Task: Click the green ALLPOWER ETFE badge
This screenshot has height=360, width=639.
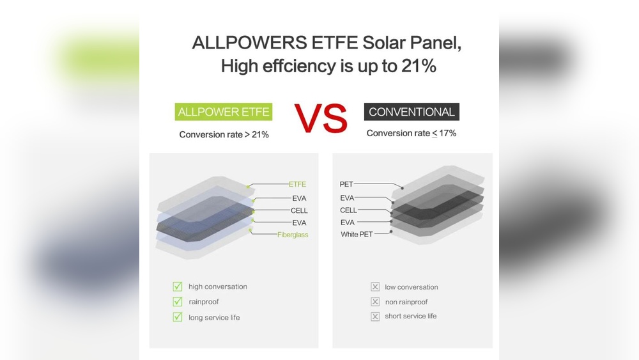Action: pyautogui.click(x=223, y=112)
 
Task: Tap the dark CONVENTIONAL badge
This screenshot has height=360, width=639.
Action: pyautogui.click(x=412, y=112)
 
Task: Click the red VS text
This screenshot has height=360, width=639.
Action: pyautogui.click(x=321, y=118)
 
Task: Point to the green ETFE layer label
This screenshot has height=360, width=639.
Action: pyautogui.click(x=297, y=184)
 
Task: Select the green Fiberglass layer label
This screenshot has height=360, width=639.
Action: pyautogui.click(x=293, y=235)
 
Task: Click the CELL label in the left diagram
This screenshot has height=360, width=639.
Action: pyautogui.click(x=299, y=211)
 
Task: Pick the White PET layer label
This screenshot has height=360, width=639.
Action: pyautogui.click(x=357, y=235)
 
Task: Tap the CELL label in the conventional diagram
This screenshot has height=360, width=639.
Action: pyautogui.click(x=348, y=210)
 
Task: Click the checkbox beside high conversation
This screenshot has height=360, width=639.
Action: pyautogui.click(x=178, y=286)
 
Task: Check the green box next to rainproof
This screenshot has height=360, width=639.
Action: pyautogui.click(x=178, y=302)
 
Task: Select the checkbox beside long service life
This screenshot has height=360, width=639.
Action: pyautogui.click(x=178, y=317)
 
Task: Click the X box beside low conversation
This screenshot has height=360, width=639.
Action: pyautogui.click(x=375, y=287)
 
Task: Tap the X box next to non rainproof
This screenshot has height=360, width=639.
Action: pyautogui.click(x=375, y=302)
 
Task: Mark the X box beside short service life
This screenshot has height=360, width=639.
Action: pyautogui.click(x=375, y=317)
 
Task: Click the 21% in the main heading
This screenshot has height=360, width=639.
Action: pyautogui.click(x=419, y=66)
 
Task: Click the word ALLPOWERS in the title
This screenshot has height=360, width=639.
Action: pyautogui.click(x=249, y=42)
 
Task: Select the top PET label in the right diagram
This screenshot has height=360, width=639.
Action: pyautogui.click(x=346, y=184)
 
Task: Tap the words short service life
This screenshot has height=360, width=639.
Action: pyautogui.click(x=411, y=316)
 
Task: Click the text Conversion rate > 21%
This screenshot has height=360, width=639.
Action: pyautogui.click(x=224, y=134)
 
